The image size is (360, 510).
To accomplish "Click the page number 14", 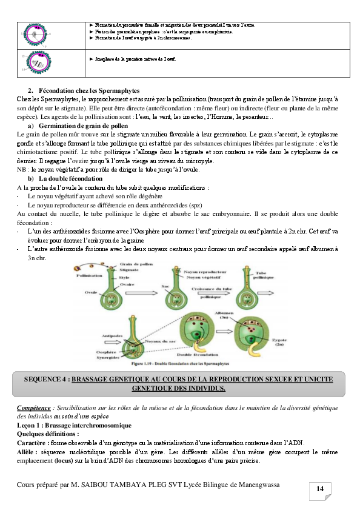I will (320, 489).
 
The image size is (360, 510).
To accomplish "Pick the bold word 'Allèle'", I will (28, 452).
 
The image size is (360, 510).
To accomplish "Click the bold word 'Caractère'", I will (33, 443).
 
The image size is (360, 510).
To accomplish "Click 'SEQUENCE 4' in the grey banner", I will (46, 379).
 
